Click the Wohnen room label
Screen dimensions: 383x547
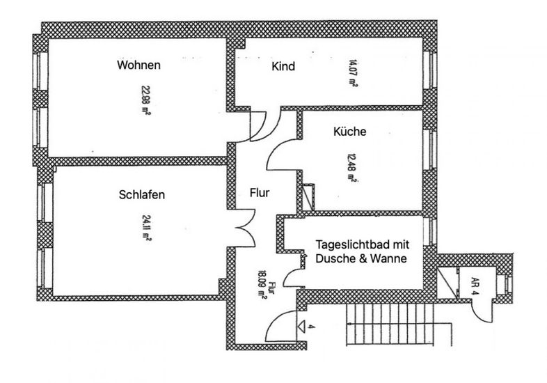click(139, 65)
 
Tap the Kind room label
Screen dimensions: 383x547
click(283, 67)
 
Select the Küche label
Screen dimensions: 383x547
click(349, 131)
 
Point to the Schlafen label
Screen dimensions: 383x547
click(142, 195)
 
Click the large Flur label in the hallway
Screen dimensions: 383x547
click(259, 193)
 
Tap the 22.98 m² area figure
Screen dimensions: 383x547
click(145, 100)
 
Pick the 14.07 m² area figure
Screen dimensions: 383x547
click(351, 72)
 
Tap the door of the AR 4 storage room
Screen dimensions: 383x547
click(483, 309)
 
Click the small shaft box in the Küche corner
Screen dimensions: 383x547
click(308, 193)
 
